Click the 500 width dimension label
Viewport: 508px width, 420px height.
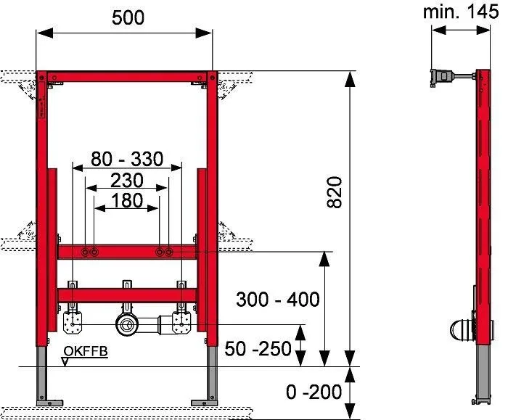[x=128, y=18]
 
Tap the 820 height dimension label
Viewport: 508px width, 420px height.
[x=335, y=192]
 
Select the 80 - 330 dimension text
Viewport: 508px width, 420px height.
[x=127, y=159]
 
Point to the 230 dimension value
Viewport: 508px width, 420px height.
[x=127, y=181]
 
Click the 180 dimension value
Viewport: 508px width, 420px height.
[x=127, y=200]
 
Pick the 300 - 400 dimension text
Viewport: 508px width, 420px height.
[x=278, y=300]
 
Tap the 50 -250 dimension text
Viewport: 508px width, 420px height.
[x=258, y=349]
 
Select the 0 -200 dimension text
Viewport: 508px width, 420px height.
[x=314, y=392]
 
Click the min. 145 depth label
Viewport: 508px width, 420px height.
[x=461, y=12]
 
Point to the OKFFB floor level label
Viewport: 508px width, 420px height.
[x=86, y=351]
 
